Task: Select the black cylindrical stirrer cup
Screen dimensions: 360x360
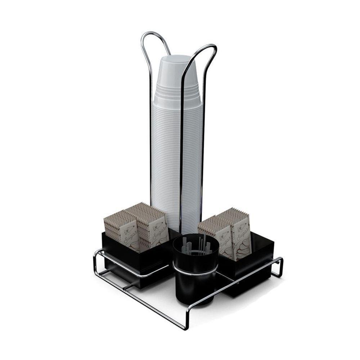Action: (x=195, y=281)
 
